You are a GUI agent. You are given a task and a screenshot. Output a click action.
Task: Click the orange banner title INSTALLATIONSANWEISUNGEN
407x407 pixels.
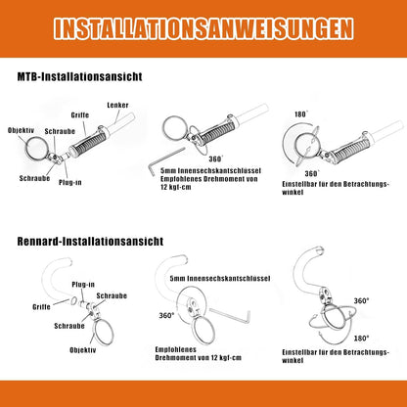[x=203, y=28]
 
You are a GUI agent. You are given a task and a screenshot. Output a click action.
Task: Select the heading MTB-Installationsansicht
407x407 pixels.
[x=79, y=76]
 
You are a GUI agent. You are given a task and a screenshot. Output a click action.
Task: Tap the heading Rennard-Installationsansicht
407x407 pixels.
[x=90, y=242]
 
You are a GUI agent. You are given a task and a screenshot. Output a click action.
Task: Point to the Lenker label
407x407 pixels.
[x=117, y=105]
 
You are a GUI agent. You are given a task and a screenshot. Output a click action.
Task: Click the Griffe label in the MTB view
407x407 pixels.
[x=80, y=115]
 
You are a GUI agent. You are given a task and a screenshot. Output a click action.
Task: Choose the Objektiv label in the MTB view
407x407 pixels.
[x=21, y=130]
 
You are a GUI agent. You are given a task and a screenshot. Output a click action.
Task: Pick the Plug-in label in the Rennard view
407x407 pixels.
[x=83, y=285]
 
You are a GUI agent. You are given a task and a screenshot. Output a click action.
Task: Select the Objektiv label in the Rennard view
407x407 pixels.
[x=83, y=350]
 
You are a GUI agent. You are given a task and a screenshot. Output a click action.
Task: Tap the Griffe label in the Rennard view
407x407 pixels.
[x=41, y=307]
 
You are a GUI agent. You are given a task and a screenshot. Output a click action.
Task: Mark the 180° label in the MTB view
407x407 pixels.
[x=301, y=114]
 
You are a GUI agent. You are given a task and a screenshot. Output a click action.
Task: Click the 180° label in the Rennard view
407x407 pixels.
[x=362, y=339]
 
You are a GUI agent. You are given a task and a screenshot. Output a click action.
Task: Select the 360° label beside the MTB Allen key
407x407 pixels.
[x=216, y=158]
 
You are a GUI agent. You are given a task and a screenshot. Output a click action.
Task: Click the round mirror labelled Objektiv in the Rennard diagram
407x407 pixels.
[x=104, y=333]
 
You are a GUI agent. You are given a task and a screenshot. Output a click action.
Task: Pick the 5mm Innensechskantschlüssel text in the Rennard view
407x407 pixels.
[x=220, y=279]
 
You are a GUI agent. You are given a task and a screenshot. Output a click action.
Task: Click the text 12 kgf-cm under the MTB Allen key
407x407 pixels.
[x=176, y=187]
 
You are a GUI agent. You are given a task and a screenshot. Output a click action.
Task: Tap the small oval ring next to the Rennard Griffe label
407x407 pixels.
[x=74, y=300]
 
